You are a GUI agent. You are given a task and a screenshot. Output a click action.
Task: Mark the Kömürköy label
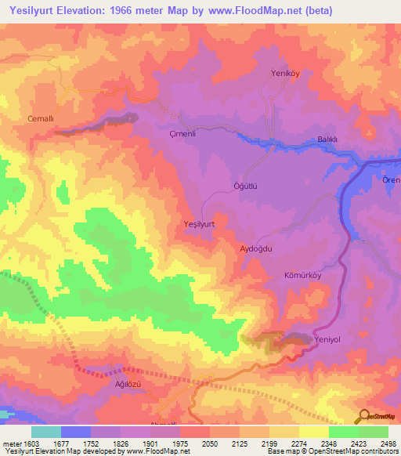302,277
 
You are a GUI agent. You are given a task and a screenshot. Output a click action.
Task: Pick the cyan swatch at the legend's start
45,432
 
